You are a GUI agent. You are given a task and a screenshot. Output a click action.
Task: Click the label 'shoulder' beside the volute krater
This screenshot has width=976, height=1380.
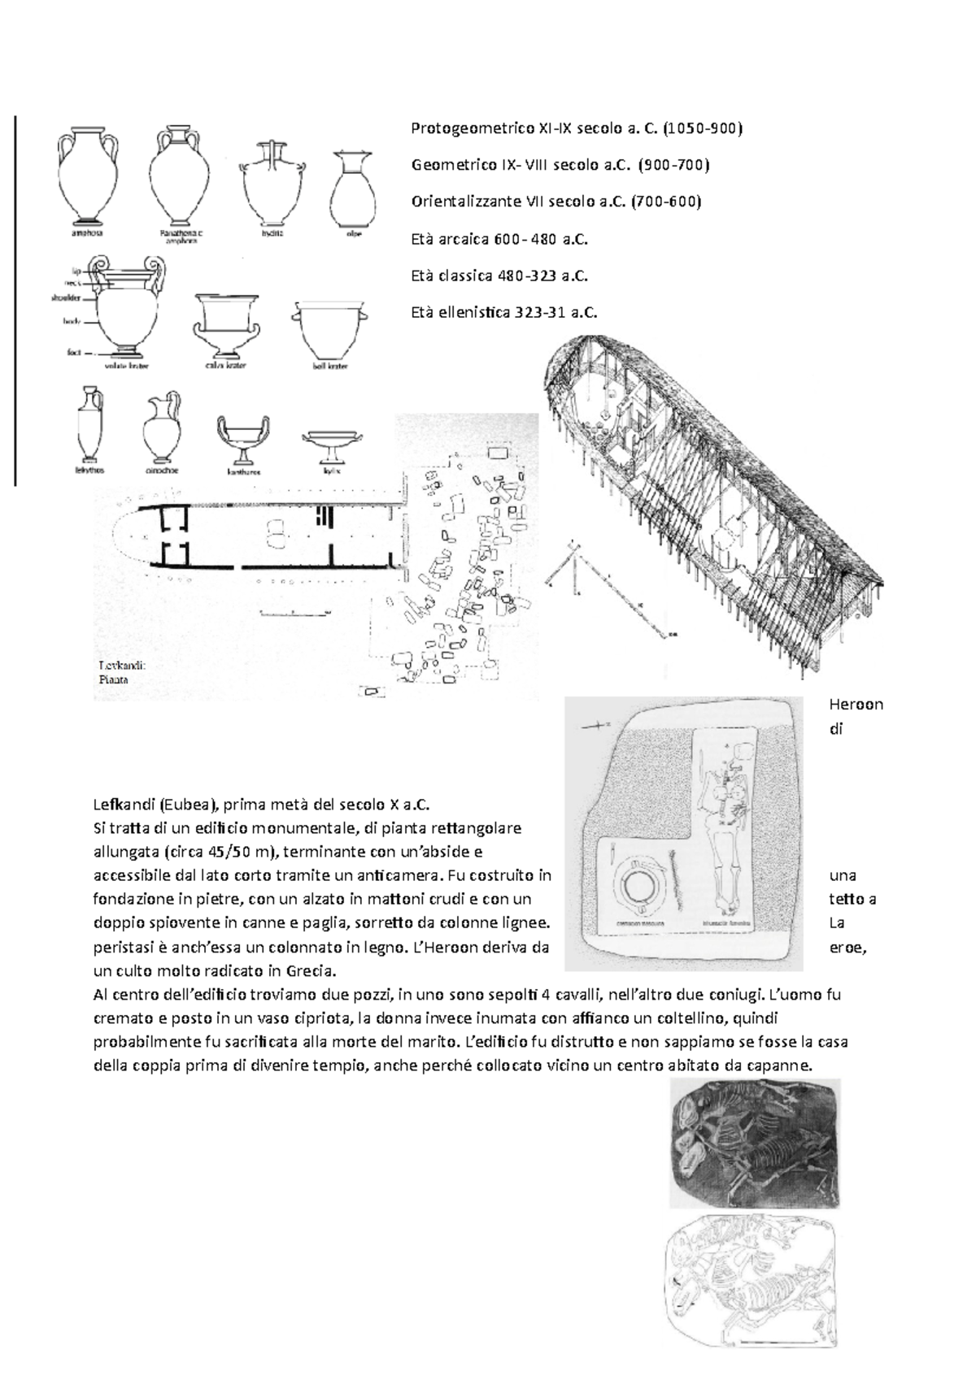click(66, 297)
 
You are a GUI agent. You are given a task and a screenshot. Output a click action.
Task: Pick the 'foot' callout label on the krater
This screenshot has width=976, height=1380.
click(72, 353)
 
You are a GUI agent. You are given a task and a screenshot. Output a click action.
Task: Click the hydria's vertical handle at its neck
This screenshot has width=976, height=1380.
click(274, 154)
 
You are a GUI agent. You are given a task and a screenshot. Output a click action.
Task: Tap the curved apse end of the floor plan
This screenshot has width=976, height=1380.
click(129, 536)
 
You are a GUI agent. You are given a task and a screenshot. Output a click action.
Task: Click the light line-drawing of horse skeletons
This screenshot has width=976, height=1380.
click(752, 1282)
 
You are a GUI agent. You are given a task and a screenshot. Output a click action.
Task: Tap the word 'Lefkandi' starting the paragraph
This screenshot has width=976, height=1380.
click(124, 805)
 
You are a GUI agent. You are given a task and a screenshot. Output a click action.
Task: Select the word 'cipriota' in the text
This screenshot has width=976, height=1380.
click(323, 1018)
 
